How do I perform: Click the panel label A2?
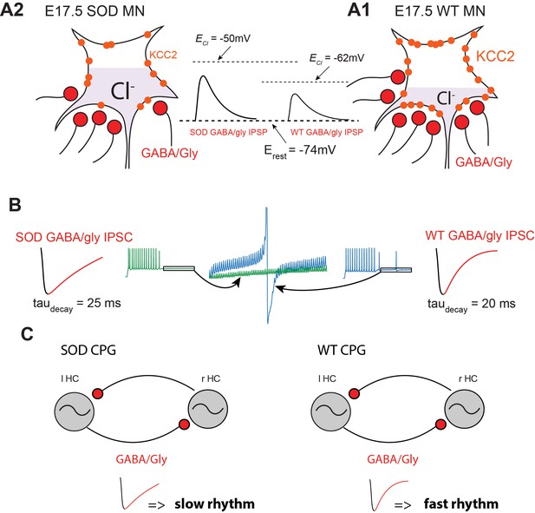coord(12,10)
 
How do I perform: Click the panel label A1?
coord(359,10)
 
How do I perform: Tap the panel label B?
coord(15,205)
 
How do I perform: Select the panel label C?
coord(27,333)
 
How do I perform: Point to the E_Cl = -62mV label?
coord(336,58)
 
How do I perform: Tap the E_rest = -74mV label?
coord(300,151)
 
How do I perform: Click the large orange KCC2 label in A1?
coord(495,56)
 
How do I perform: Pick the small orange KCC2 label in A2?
coord(163,55)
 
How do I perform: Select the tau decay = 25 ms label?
coord(77,305)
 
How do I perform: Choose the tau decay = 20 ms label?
coord(471,305)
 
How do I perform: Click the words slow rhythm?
coord(215,503)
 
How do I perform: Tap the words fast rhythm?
coord(461,503)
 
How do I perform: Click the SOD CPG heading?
coord(88,350)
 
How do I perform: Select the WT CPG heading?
coord(342,350)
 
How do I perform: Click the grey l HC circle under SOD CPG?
coord(75,409)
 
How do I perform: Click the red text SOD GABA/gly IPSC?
coord(74,237)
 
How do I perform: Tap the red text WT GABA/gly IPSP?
coord(327,132)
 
